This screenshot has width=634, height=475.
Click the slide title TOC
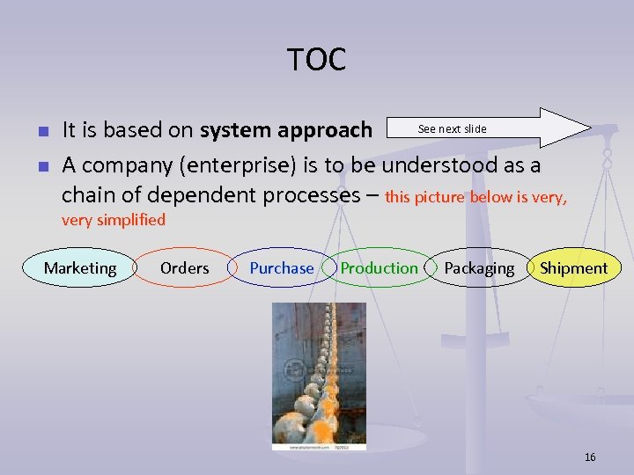tap(316, 60)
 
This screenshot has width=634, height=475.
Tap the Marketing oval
tap(79, 268)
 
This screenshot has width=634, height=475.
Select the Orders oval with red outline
tap(184, 268)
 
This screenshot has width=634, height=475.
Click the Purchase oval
tap(281, 268)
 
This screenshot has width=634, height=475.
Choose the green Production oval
tap(379, 268)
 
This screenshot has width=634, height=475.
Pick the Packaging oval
tap(479, 268)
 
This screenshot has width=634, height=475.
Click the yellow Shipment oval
tap(573, 268)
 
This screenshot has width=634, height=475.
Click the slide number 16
tap(590, 457)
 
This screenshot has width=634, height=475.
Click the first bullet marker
tap(41, 132)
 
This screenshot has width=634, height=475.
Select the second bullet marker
tap(41, 164)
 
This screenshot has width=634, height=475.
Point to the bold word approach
tap(328, 131)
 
